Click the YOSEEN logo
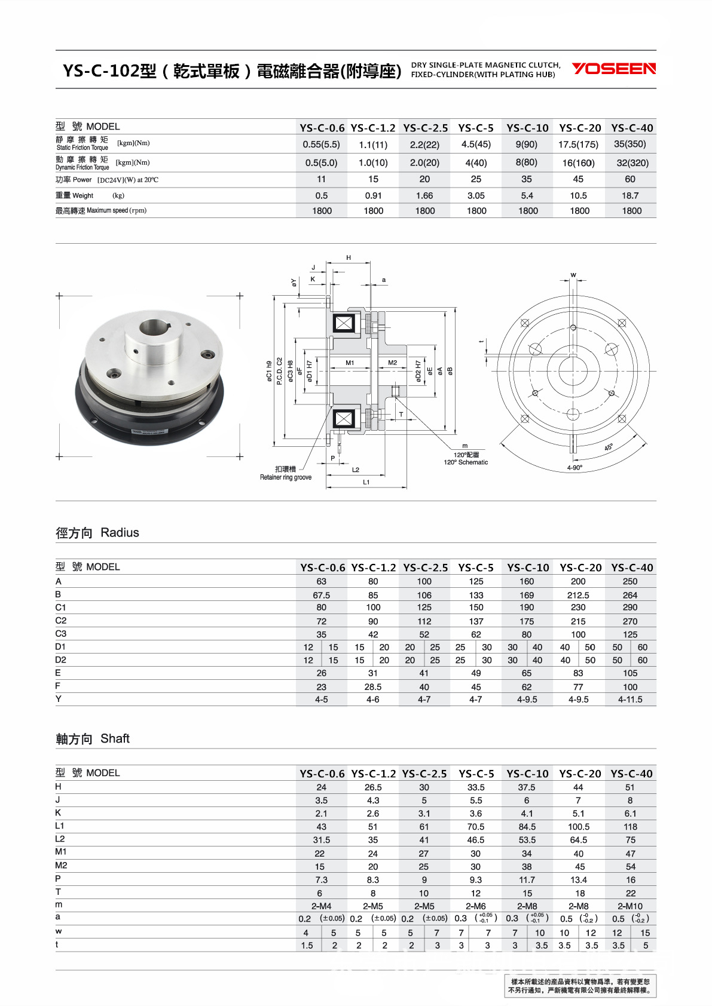pyautogui.click(x=613, y=69)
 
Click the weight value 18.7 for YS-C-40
pyautogui.click(x=630, y=195)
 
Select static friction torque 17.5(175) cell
pyautogui.click(x=578, y=144)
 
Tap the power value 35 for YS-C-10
pyautogui.click(x=526, y=179)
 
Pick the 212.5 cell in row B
pyautogui.click(x=578, y=595)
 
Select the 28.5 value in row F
pyautogui.click(x=373, y=687)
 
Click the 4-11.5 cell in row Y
pyautogui.click(x=630, y=699)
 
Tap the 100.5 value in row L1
pyautogui.click(x=578, y=827)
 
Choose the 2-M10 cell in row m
pyautogui.click(x=630, y=906)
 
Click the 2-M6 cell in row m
pyautogui.click(x=476, y=906)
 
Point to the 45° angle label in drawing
pyautogui.click(x=609, y=447)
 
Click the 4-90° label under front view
pyautogui.click(x=575, y=468)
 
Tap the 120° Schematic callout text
pyautogui.click(x=466, y=462)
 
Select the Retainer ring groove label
pyautogui.click(x=285, y=477)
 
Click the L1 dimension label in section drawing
pyautogui.click(x=366, y=482)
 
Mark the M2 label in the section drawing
pyautogui.click(x=392, y=363)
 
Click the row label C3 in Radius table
pyautogui.click(x=61, y=633)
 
